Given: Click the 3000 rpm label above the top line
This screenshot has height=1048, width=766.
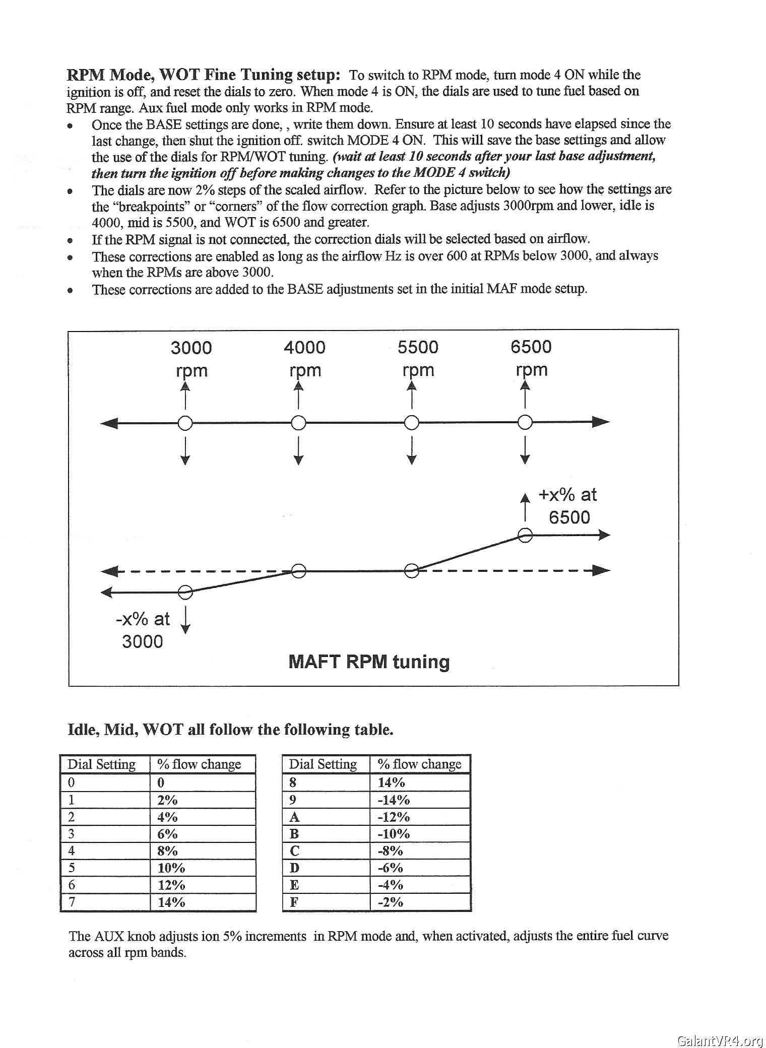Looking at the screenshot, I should point(191,358).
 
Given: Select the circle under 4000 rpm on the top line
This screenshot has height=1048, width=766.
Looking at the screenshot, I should point(298,422).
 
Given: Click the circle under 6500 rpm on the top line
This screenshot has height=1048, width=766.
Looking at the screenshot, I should point(525,422).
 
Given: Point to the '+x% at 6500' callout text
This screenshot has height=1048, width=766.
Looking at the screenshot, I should point(568,506).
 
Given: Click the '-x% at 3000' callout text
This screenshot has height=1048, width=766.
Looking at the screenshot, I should point(143,630).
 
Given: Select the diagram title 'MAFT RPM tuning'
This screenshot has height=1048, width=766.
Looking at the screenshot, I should point(369,662).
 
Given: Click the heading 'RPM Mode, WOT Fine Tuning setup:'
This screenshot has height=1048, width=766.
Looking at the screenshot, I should point(204,75).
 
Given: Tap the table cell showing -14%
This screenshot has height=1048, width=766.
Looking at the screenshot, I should point(394,800).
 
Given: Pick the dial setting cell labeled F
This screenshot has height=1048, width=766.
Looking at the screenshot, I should point(294,902).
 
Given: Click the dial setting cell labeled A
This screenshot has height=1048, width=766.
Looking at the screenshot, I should point(295,817).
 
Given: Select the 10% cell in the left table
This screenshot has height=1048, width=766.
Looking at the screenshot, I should point(171,868).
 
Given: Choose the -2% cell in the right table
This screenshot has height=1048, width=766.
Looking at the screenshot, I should point(391,902).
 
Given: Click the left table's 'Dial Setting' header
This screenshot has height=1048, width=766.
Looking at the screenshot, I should point(102,764).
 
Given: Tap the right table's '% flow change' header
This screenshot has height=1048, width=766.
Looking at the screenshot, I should point(419,764).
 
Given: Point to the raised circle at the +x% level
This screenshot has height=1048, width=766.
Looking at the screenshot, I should point(525,535).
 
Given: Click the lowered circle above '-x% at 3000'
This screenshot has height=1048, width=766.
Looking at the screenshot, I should point(185,592).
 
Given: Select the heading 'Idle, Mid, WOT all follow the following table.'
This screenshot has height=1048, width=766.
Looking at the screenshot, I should point(230,730).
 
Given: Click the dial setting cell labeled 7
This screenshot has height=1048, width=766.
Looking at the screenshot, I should point(72,902).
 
